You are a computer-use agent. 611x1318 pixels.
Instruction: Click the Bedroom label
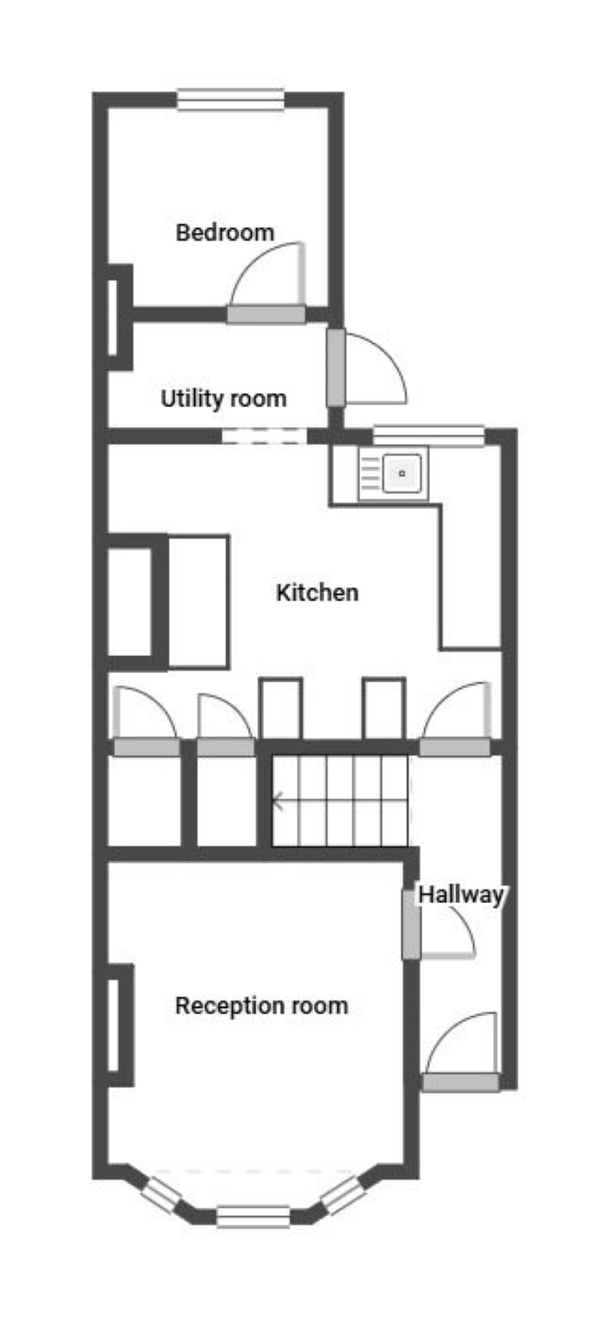click(x=224, y=233)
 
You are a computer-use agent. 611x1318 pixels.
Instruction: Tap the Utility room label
click(x=223, y=399)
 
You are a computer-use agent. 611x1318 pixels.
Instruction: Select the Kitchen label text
click(x=317, y=592)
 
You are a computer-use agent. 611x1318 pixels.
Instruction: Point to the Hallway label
click(x=461, y=895)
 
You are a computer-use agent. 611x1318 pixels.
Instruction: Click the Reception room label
click(x=262, y=1005)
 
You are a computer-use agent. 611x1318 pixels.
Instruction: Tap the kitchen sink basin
click(x=402, y=473)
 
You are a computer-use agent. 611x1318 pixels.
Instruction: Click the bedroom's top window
click(x=231, y=99)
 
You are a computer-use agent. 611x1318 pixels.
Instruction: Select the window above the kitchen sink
click(x=429, y=435)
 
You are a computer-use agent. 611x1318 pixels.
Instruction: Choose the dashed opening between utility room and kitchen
click(x=264, y=436)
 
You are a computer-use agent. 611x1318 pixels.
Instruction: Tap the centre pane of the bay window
click(x=253, y=1217)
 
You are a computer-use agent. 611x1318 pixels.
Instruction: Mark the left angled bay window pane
click(x=161, y=1194)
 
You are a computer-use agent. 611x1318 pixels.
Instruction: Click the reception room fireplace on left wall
click(x=119, y=1025)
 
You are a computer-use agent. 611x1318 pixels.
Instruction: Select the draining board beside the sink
click(x=370, y=473)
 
